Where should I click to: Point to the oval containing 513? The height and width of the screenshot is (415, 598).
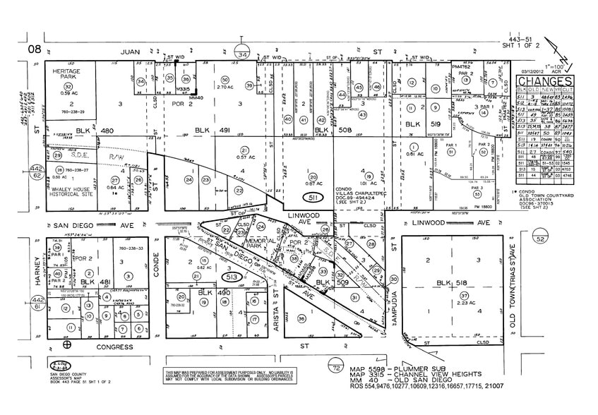(232, 276)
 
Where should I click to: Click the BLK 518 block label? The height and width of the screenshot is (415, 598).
(451, 282)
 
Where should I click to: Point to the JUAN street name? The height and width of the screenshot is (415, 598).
(131, 52)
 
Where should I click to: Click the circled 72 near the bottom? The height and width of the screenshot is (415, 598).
(336, 368)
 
